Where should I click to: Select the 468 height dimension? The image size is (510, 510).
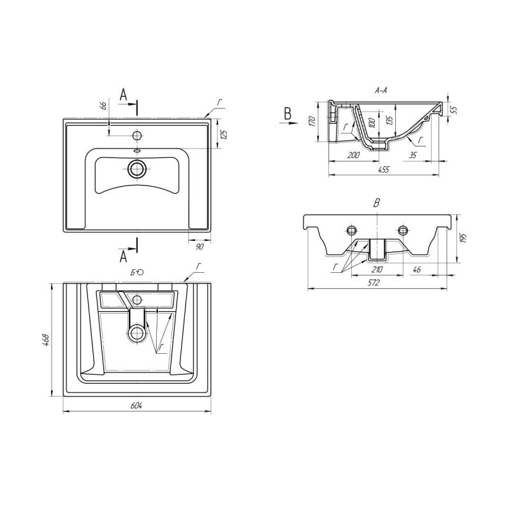47,340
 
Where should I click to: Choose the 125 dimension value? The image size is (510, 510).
224,135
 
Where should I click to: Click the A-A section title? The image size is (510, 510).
382,91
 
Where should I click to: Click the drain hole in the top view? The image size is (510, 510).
137,169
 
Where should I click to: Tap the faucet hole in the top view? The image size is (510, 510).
136,135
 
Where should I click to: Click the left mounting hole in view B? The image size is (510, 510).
351,229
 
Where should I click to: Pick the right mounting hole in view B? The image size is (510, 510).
402,229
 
